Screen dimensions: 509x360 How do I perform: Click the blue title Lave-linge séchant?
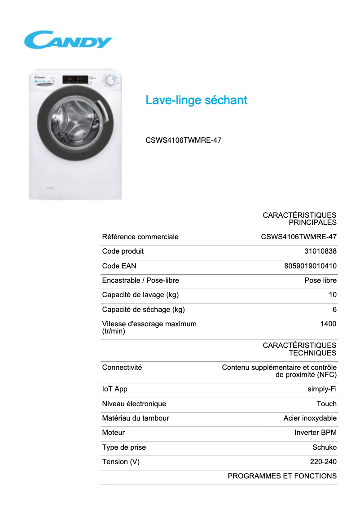[196, 100]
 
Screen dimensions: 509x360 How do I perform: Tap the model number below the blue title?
[183, 140]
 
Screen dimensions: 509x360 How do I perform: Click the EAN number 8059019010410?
[310, 266]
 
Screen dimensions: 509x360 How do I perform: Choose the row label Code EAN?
[116, 266]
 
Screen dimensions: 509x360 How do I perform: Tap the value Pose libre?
[320, 281]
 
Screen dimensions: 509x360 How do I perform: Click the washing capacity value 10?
[332, 295]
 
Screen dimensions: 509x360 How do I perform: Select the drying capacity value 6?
[334, 309]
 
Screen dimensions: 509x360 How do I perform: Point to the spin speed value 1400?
[328, 324]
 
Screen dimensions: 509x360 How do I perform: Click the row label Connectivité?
[122, 367]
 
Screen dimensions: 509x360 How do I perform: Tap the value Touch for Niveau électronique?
[326, 404]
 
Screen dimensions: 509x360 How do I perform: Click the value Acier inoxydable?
[310, 418]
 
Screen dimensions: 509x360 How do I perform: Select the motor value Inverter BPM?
[315, 433]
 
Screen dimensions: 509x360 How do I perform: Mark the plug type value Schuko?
[324, 447]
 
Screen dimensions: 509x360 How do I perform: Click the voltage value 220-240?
[323, 461]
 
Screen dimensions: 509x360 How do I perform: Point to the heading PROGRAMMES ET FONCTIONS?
[282, 476]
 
